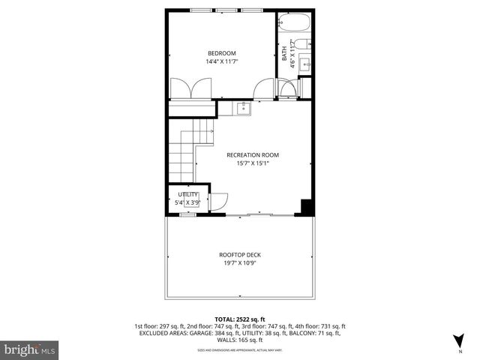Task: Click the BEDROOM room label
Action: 221,52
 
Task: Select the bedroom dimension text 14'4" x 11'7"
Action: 221,61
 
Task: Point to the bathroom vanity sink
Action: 304,65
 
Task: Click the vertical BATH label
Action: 284,53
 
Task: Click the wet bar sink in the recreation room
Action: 243,109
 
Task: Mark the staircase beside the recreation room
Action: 181,153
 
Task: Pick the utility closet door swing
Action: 218,201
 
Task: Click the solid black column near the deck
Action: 306,207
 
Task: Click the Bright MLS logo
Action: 30,349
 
